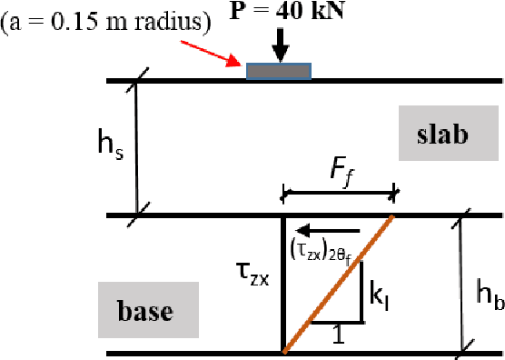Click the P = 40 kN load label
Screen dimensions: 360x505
279,12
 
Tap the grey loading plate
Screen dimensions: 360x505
279,70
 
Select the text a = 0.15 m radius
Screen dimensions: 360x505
107,21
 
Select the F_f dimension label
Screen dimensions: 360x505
341,169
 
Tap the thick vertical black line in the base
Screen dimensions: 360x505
283,284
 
